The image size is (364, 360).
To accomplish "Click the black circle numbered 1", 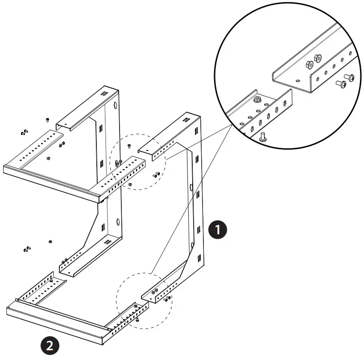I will tap(218, 230).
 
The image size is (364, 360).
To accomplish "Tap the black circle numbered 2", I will tap(50, 345).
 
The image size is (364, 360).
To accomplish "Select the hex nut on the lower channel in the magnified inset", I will tap(257, 100).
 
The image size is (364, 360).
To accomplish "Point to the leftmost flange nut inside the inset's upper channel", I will tap(309, 65).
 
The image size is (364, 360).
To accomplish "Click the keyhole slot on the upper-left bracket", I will tap(115, 104).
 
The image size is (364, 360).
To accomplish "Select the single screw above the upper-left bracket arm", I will tap(47, 120).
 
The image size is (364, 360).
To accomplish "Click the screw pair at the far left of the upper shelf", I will tap(24, 132).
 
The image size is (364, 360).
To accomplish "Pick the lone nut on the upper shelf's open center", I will tap(47, 157).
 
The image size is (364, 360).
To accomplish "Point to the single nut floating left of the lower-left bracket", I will tap(50, 241).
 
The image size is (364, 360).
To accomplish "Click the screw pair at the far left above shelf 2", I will tap(27, 249).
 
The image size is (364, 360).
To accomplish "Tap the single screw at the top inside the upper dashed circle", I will tap(128, 146).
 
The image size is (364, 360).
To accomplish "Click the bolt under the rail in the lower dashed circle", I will tap(138, 319).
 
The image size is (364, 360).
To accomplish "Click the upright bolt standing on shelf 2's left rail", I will tap(51, 278).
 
